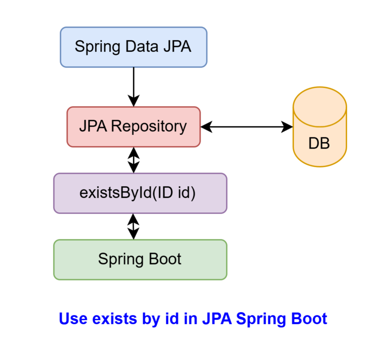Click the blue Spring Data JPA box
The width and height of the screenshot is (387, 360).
tap(134, 47)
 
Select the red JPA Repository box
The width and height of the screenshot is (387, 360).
tap(134, 127)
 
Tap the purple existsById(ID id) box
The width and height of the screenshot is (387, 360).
tap(140, 193)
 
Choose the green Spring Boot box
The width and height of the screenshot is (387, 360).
tap(140, 260)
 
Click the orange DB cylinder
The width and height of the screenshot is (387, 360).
tap(319, 127)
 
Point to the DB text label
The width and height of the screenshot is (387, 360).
tap(319, 143)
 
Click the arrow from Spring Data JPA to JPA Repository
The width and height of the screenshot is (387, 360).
tap(134, 87)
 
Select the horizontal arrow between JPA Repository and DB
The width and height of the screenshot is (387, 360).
tap(246, 127)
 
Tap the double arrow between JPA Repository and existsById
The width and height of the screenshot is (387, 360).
tap(134, 160)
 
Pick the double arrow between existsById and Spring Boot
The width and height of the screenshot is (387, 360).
tap(133, 227)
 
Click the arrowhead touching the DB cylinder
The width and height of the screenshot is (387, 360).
tap(287, 127)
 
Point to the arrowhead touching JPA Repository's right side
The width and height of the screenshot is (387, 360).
tap(207, 127)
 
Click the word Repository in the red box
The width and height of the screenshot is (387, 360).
tap(149, 126)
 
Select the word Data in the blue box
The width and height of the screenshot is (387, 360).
tap(142, 46)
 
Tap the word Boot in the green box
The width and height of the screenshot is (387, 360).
tap(165, 259)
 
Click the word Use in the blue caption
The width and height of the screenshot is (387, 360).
tap(73, 319)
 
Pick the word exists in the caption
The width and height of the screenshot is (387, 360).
tap(114, 319)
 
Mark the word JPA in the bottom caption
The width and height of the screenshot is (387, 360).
tap(217, 319)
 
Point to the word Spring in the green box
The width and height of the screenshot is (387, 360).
tap(121, 259)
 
